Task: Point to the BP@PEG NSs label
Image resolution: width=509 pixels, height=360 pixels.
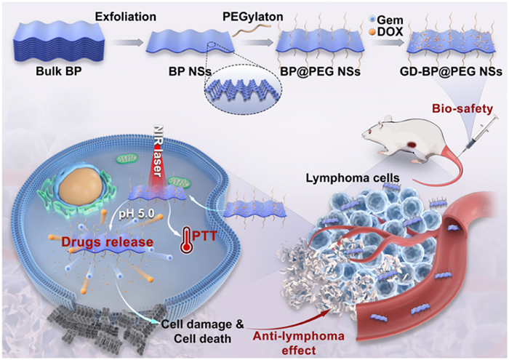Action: (x=310, y=74)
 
